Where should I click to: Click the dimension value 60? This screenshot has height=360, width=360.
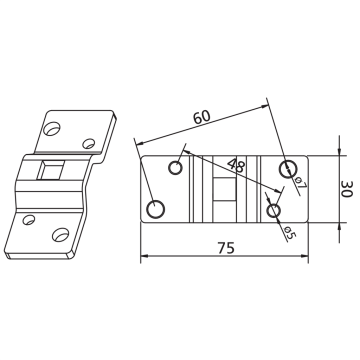click(x=202, y=117)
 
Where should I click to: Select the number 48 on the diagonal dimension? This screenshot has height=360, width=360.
click(x=236, y=165)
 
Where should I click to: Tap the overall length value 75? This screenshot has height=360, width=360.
click(x=226, y=248)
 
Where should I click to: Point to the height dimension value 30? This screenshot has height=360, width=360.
click(x=346, y=189)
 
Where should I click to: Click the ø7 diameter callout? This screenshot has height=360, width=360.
click(x=301, y=184)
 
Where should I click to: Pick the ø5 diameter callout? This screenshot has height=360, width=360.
click(x=290, y=232)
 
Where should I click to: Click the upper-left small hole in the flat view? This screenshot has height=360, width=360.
click(x=175, y=167)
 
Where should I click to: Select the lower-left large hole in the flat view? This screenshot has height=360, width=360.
click(x=156, y=210)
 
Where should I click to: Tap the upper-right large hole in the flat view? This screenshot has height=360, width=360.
click(x=288, y=169)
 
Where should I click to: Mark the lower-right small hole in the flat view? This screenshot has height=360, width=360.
click(x=274, y=210)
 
